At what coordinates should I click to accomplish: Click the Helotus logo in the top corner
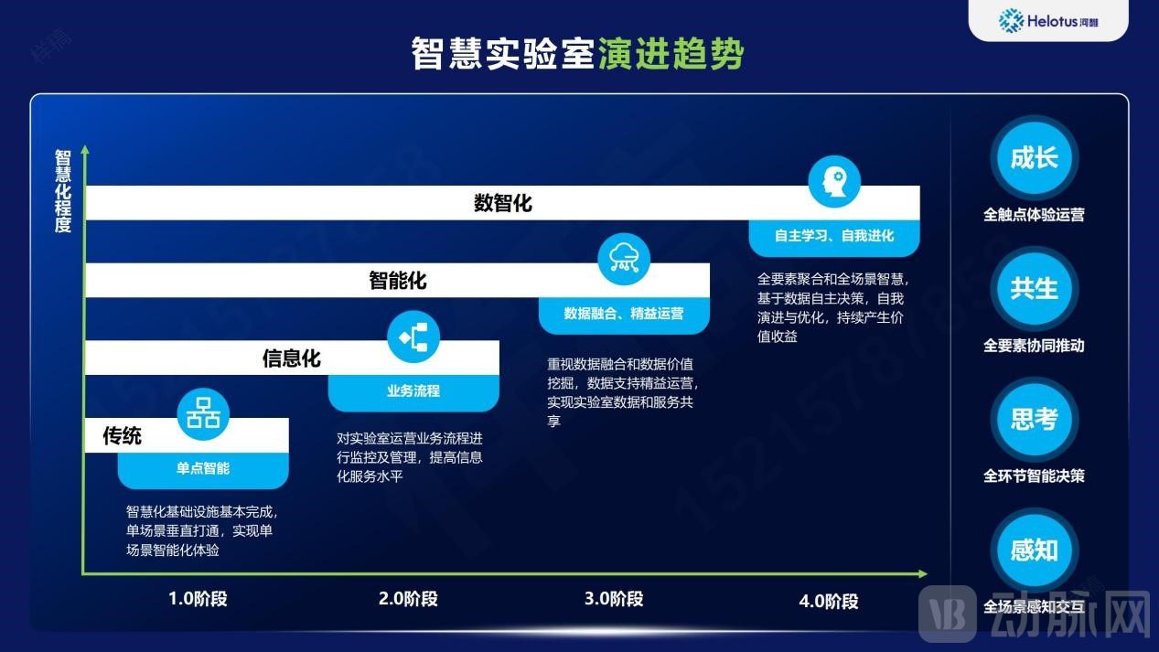coord(1047,20)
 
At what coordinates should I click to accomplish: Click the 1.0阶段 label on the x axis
coord(198,599)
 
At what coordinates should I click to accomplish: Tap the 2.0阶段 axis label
coord(408,599)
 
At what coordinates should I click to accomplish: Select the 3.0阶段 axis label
coord(614,599)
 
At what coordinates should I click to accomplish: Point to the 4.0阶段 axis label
coord(829,601)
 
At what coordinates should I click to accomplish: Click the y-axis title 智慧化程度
coord(63,191)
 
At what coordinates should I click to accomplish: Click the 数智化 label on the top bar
coord(502,203)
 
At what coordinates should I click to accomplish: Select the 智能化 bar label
coord(398,280)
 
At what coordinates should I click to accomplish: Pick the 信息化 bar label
coord(292,358)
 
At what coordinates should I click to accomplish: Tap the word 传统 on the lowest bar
coord(122,436)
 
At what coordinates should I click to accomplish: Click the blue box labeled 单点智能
coord(203,468)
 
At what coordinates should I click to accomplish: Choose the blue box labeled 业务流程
coord(413,390)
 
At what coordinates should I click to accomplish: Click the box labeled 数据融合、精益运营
coord(624,313)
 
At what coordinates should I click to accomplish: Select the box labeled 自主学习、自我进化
coord(834,236)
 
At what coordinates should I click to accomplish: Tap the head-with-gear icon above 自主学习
coord(834,181)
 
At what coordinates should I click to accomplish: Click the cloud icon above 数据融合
coord(624,259)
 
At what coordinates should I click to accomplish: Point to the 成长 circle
coord(1034,158)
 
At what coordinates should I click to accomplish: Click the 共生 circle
coord(1034,289)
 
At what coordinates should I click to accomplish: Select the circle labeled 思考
coord(1034,420)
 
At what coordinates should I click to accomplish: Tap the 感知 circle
coord(1034,550)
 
